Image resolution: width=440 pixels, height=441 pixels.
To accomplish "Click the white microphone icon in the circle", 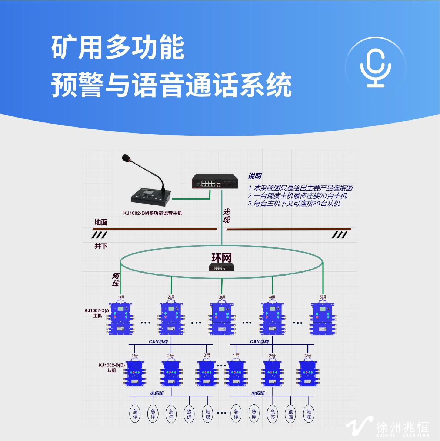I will point(375,67).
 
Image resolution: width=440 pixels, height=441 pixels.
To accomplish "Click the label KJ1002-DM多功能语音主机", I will point(153,213).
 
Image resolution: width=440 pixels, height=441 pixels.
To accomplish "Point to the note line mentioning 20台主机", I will point(297,196).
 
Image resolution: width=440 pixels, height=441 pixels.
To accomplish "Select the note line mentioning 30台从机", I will point(294,204).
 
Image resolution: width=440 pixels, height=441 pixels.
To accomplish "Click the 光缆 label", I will point(227,215).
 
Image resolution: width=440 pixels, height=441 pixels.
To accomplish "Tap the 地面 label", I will point(101,222).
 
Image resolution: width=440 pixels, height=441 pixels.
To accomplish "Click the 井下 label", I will point(101,246).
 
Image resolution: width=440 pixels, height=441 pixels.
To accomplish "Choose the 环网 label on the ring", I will point(221,257).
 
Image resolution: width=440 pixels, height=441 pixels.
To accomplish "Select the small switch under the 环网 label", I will point(221,267).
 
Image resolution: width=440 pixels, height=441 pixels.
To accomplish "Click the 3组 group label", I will point(221,297).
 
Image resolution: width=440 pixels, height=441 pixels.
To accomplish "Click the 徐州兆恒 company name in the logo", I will point(402,427).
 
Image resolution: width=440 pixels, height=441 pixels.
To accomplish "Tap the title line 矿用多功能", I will point(118,48).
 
